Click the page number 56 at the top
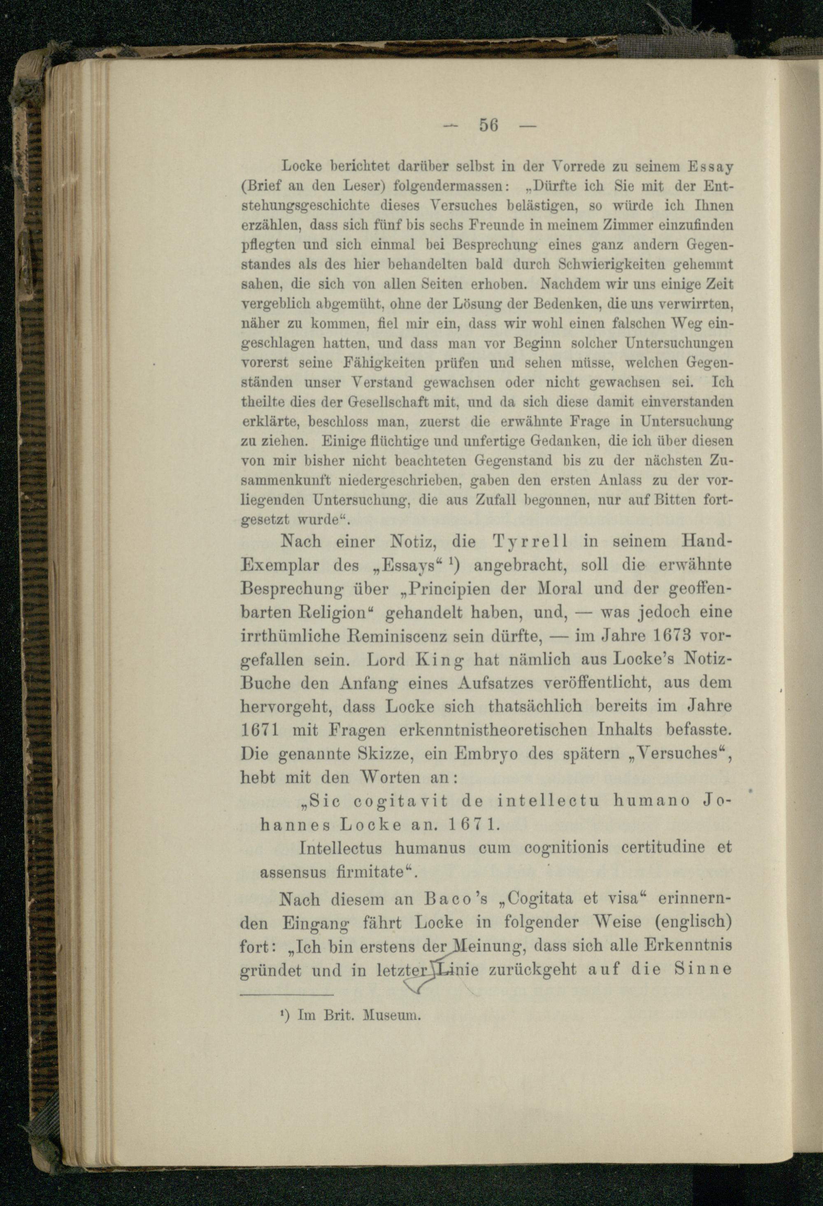[x=488, y=125]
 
